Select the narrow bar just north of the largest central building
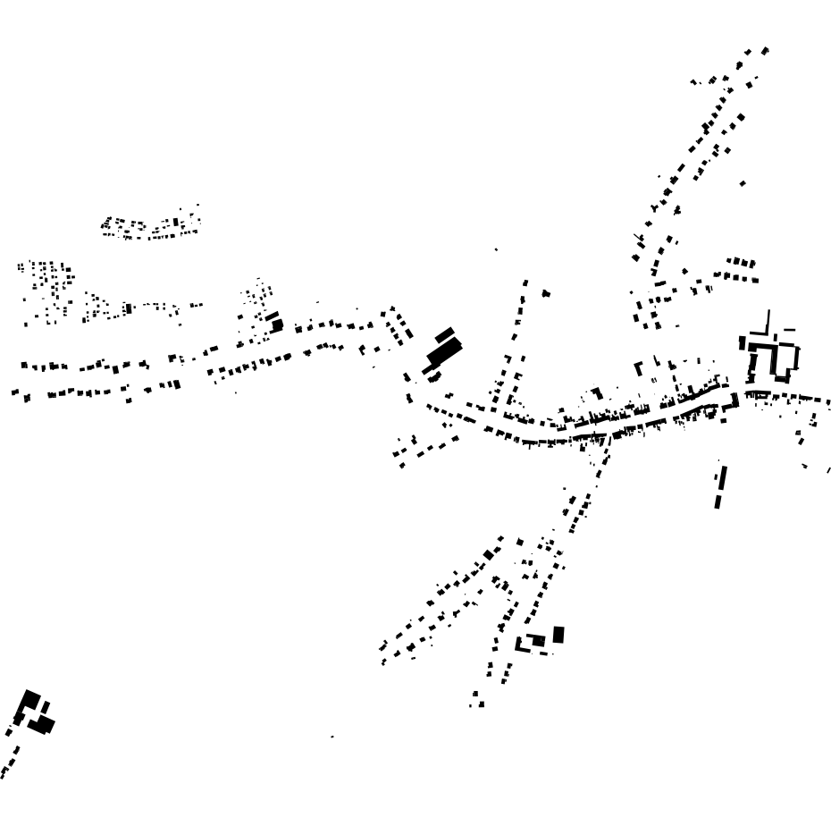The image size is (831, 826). [x=444, y=334]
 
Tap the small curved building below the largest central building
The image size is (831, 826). [x=435, y=376]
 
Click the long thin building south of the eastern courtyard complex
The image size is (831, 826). [x=720, y=487]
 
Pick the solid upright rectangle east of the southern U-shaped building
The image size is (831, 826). [x=558, y=635]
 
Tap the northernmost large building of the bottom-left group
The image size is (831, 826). [x=31, y=699]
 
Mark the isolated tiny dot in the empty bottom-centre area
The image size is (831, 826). [x=332, y=737]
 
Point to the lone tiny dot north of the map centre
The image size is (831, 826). [x=497, y=249]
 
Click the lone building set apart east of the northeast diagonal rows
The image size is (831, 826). [x=743, y=183]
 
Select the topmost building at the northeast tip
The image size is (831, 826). [x=765, y=51]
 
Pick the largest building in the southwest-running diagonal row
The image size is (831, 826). [x=488, y=554]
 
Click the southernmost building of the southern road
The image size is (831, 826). [x=480, y=704]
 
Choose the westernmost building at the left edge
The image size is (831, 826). [x=14, y=392]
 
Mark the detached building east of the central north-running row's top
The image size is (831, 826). [x=545, y=293]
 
